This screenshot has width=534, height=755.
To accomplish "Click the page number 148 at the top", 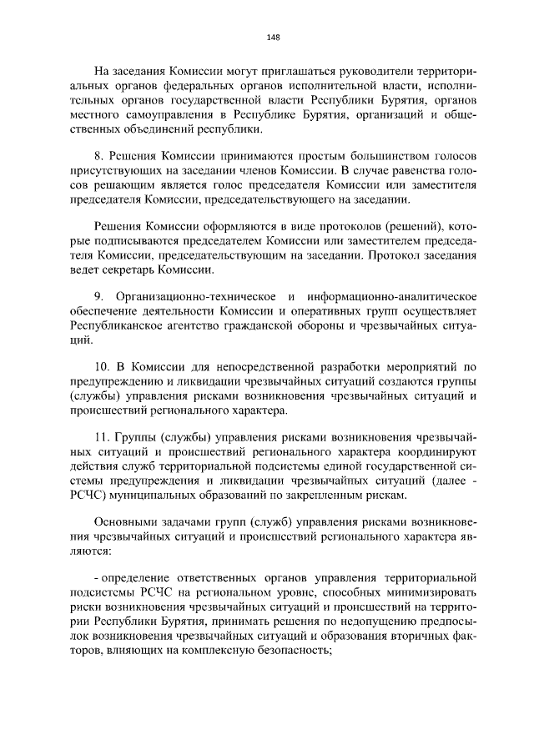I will coord(273,37).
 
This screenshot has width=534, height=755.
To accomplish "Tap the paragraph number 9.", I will coord(98,296).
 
